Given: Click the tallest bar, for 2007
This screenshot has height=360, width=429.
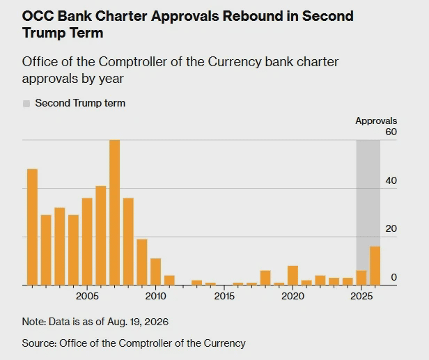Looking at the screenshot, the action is coord(115,212).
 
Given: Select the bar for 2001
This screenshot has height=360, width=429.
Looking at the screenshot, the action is coord(32,227).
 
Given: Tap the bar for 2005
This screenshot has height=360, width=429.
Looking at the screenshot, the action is coord(87,242).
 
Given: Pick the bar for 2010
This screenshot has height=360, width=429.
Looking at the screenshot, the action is coord(156,272).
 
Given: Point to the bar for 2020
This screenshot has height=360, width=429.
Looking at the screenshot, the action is coord(292,276).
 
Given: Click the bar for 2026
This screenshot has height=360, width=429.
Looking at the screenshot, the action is coord(375,266).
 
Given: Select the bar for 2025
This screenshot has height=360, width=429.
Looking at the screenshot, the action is coord(361,278).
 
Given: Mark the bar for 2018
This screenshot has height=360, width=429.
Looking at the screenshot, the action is coord(265,278).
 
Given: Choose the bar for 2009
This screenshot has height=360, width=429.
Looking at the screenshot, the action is coord(142,262).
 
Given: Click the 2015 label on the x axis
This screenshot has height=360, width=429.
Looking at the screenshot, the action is coord(224,296).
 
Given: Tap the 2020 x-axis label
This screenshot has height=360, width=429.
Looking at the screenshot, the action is coord(292,296).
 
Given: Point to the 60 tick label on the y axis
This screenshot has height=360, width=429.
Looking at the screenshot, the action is coord(391,132).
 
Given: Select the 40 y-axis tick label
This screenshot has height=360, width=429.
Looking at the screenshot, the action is coord(391,180).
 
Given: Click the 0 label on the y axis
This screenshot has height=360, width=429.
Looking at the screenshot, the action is coord(394,277).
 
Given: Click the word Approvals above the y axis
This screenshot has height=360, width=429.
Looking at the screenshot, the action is coord(376,121).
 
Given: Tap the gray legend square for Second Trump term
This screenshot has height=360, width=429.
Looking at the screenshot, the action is coord(26,104).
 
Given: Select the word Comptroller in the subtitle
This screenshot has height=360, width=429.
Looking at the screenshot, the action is coord(132,62).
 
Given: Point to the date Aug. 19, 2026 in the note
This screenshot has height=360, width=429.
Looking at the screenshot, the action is coord(138,322).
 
